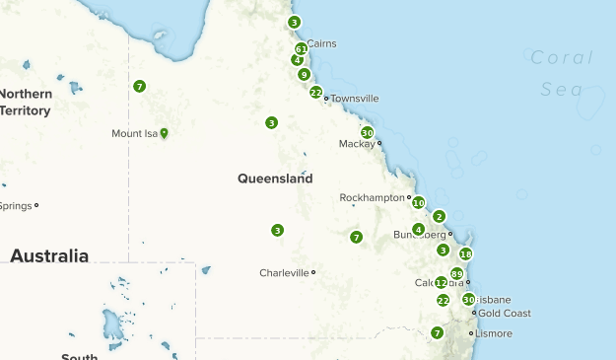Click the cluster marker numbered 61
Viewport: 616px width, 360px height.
pos(301,48)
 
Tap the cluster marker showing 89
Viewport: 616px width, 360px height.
pos(456,273)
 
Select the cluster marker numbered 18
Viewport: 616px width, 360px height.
pos(466,253)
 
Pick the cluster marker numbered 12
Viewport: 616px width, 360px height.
pos(442,282)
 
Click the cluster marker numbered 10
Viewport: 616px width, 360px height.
pos(418,202)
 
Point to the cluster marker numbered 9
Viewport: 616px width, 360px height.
pos(305,74)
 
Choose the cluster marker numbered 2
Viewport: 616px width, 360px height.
pos(440,216)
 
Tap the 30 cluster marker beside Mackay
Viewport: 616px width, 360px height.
pos(367,132)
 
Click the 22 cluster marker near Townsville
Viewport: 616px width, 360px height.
pos(315,92)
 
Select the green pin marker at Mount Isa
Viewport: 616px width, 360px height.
pos(164,133)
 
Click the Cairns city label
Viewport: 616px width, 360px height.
pos(322,43)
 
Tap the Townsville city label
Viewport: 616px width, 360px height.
pos(355,99)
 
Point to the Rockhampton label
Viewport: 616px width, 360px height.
pos(373,197)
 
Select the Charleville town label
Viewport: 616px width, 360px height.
pos(284,272)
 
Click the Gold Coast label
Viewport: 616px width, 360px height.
pos(505,313)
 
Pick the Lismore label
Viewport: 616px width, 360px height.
pos(494,333)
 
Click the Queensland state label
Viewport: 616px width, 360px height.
pos(275,179)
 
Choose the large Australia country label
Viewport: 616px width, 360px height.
pos(49,255)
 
